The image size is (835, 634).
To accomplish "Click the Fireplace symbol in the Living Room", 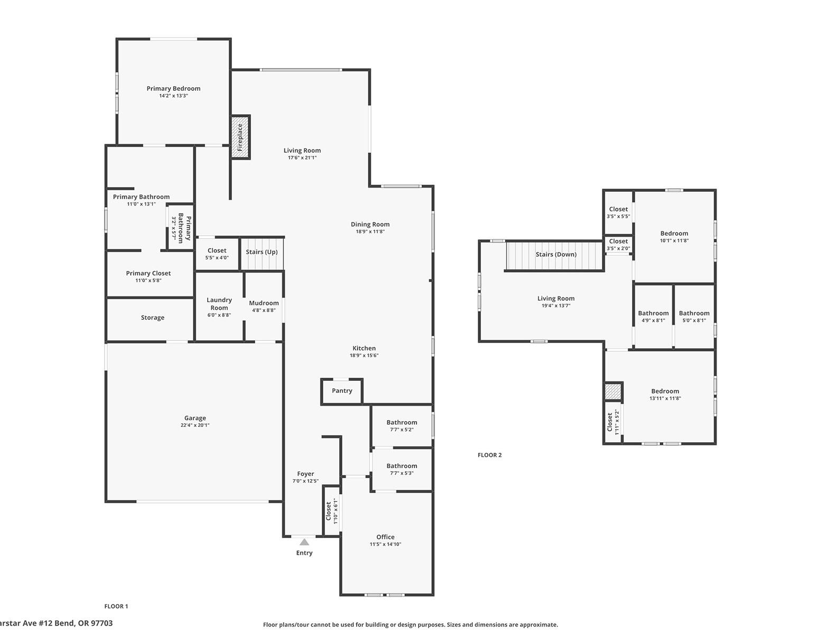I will [x=240, y=137].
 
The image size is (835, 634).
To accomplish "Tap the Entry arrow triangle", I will [x=304, y=542].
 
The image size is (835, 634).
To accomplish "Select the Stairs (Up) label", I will [x=262, y=252].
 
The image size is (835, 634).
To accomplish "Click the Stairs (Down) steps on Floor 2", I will [x=554, y=255].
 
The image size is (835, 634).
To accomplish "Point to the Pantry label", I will [x=342, y=391].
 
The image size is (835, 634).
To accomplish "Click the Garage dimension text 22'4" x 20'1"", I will [x=195, y=425].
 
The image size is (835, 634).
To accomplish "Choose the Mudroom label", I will [x=264, y=303].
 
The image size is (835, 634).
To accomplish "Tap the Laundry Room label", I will [x=219, y=304].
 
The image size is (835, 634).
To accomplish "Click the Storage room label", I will [x=152, y=318].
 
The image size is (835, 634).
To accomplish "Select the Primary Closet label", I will [x=149, y=273].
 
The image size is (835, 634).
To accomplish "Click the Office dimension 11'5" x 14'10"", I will [x=385, y=544].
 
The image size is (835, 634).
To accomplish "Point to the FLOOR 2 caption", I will [x=489, y=455].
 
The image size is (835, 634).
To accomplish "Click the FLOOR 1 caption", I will [x=116, y=607].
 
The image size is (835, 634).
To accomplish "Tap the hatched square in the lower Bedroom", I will [x=613, y=392].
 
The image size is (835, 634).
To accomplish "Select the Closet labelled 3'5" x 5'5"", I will [x=618, y=212].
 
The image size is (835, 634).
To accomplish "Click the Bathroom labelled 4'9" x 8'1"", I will [x=653, y=316].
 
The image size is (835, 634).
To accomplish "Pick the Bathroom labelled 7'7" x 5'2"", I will [x=402, y=426].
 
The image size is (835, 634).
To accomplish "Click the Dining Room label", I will [x=370, y=225].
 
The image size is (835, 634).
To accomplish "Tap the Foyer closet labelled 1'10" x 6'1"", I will [x=331, y=511].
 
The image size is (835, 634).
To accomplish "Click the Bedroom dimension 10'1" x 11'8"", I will [x=674, y=241].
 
